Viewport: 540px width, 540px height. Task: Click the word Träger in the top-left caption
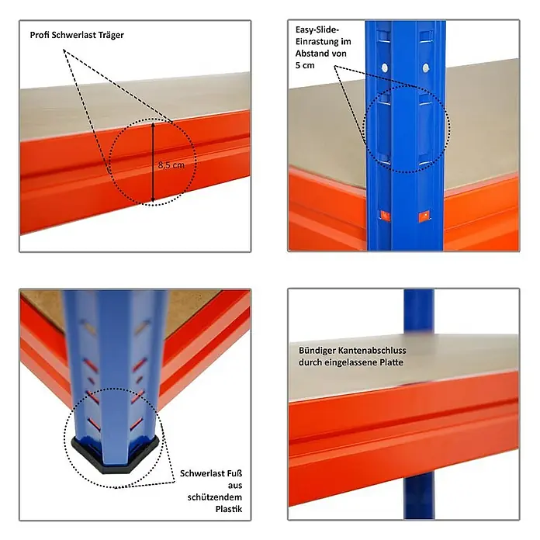pos(111,35)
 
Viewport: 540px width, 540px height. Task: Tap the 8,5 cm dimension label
pos(171,165)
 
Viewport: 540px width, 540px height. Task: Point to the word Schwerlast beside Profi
pos(74,35)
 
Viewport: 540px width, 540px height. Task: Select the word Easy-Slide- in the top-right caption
pos(317,29)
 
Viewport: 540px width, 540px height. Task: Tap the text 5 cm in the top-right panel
pos(305,65)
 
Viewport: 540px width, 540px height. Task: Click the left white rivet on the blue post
pos(385,67)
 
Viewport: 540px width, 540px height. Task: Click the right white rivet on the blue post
pos(426,67)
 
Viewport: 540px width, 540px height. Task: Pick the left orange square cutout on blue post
pos(385,216)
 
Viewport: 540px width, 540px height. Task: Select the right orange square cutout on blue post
pos(424,216)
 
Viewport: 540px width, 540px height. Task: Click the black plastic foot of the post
pos(116,455)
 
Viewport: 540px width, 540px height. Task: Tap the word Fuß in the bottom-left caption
pos(234,473)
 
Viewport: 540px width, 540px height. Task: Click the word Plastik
pos(229,509)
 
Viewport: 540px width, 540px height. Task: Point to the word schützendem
pos(215,497)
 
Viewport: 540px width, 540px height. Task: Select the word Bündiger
pos(317,351)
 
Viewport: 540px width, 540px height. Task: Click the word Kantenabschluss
pos(372,350)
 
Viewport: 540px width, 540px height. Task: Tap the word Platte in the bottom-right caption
pos(391,362)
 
